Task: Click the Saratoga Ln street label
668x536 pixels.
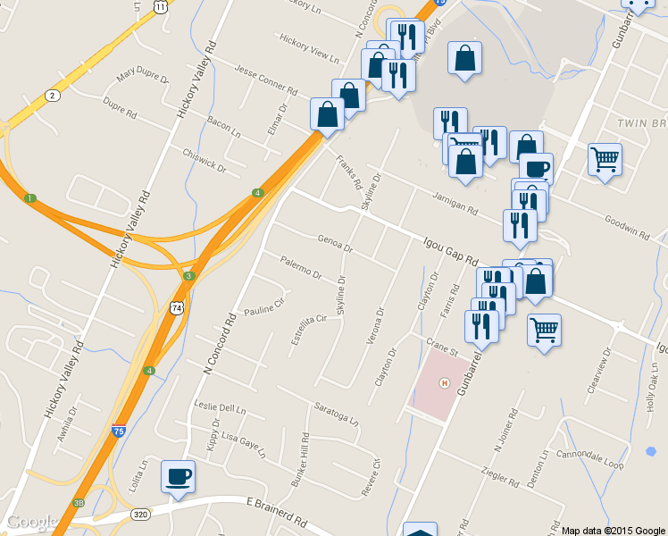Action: coord(336,413)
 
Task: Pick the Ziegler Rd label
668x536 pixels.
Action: coord(499,480)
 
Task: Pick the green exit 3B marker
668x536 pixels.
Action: coord(79,503)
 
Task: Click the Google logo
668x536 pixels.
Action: coord(32,523)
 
